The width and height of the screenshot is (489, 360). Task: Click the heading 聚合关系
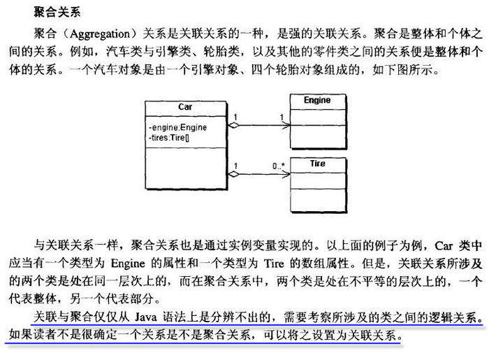57,12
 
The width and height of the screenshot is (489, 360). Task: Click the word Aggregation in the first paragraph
99,34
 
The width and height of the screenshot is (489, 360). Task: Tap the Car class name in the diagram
185,107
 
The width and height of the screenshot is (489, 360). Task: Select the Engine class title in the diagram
317,100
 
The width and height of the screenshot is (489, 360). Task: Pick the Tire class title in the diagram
317,164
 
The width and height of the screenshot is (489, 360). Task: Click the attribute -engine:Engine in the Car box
177,127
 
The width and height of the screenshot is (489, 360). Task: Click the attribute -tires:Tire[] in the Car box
169,138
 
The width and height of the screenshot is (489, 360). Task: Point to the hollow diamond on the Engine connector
233,125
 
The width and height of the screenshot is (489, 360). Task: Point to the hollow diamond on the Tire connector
233,174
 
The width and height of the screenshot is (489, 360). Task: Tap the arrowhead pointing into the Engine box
286,125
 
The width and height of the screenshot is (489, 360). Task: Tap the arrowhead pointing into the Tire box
286,174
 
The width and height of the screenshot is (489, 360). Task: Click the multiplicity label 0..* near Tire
279,166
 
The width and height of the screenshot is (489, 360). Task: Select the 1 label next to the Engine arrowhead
282,117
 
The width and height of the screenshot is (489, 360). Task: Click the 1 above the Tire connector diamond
235,166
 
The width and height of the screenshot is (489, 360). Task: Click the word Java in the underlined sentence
146,317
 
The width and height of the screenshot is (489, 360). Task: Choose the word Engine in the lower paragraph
128,264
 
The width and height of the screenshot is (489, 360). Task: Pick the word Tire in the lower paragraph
274,264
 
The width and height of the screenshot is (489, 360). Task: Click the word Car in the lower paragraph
444,246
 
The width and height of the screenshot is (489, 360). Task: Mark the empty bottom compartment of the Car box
186,168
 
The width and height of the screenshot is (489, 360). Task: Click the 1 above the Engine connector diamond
235,117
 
